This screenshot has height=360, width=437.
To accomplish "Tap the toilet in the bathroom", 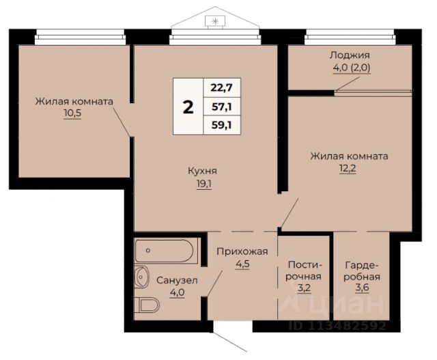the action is pos(147,305).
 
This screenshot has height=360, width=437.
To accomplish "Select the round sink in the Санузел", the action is pos(141,277).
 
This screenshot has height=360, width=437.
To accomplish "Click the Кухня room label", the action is pos(203,171).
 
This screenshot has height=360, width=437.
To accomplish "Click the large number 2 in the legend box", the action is pos(188,107).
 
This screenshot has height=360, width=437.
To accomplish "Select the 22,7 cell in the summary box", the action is pos(221,87).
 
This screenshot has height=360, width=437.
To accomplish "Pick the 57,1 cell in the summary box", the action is pos(221,107).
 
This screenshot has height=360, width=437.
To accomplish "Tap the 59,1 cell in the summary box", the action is pos(221,125).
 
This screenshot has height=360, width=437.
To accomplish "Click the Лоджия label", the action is pos(350,55).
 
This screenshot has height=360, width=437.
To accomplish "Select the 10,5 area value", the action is pos(72,113).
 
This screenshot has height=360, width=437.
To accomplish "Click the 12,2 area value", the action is pos(348,169).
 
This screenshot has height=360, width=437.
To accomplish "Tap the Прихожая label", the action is pos(242,251).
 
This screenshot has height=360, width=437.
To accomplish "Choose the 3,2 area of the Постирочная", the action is pos(304,287).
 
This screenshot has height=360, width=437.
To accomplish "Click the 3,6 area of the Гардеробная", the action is pos(362,287).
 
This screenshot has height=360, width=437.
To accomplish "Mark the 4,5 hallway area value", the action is pos(242,264).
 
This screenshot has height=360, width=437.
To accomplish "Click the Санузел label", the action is pos(177,280).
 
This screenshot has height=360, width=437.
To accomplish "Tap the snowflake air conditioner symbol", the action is pos(215,21).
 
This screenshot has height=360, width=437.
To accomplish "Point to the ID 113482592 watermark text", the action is pos(337,325).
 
